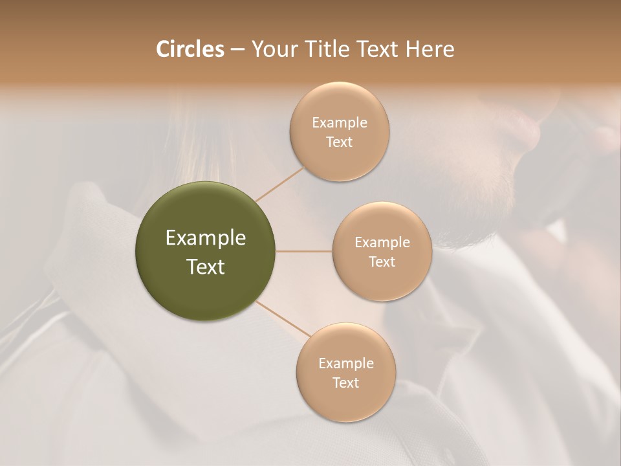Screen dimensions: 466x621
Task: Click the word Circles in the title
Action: coord(190,49)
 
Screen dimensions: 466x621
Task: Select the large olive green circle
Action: coord(205,251)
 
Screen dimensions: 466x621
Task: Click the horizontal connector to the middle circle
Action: coord(303,251)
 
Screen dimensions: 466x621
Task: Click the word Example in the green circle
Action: coord(206,238)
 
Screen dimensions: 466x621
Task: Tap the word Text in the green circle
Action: coord(206,267)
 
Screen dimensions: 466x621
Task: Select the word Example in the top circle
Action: coord(340,123)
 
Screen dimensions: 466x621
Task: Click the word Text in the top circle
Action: coord(340,142)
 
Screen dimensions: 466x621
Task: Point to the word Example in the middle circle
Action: coord(382,243)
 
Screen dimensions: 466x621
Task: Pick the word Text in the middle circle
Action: coord(382,261)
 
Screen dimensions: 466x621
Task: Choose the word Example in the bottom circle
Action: coord(346,364)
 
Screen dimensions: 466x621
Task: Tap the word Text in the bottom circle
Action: coord(346,383)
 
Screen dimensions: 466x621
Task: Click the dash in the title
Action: coord(237,50)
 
